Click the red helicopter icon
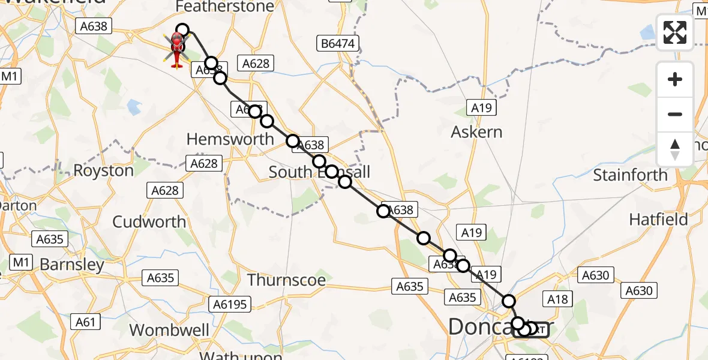177,50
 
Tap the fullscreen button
675,32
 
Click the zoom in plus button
675,79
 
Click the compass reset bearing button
675,149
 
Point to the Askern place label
477,131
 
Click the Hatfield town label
658,220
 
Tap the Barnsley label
72,265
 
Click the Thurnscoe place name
287,280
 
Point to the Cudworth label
149,221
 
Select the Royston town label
104,170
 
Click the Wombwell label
170,330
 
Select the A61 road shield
85,322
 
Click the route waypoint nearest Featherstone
182,30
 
